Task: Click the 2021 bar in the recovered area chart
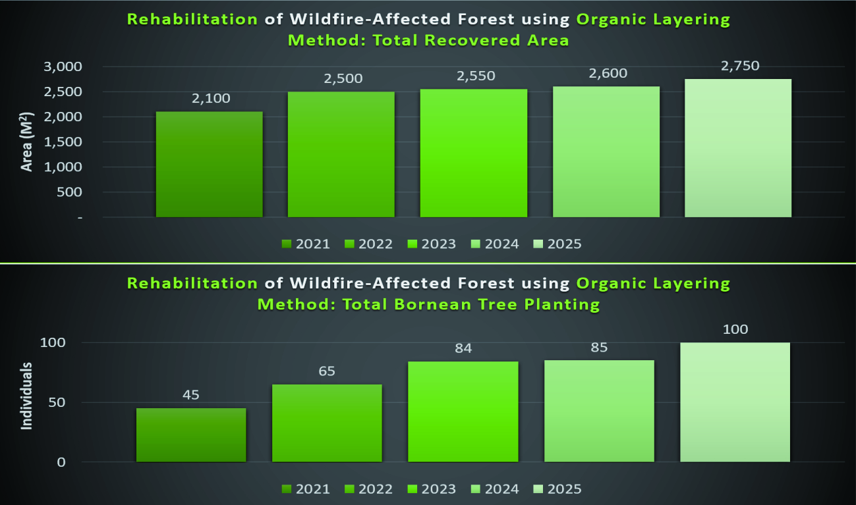click(x=210, y=164)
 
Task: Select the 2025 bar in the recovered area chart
click(x=738, y=148)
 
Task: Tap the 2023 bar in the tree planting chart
click(x=463, y=412)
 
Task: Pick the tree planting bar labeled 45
click(x=191, y=435)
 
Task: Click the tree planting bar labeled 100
click(x=735, y=402)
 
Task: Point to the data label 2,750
click(x=740, y=66)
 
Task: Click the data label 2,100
click(x=211, y=99)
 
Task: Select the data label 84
click(x=463, y=348)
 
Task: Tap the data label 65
click(x=327, y=371)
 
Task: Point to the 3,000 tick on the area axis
click(x=63, y=66)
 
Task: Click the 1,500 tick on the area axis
click(x=63, y=142)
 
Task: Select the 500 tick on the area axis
click(x=69, y=192)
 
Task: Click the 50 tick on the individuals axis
click(x=57, y=402)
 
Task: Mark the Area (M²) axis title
click(x=26, y=142)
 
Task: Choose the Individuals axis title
click(x=26, y=396)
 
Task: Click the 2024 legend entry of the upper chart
click(x=495, y=244)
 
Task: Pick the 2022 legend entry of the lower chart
click(x=368, y=489)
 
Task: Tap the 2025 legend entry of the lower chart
click(x=557, y=489)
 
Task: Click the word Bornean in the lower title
click(x=432, y=304)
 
